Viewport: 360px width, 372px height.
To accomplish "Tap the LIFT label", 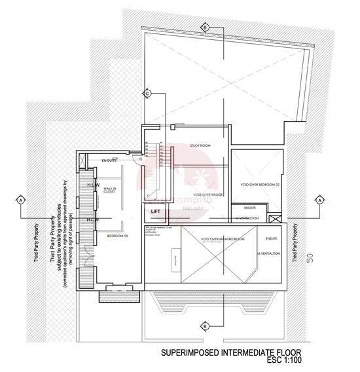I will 156,212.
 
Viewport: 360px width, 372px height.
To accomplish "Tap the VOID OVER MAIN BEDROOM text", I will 223,240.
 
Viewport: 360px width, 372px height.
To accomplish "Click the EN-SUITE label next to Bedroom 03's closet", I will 109,160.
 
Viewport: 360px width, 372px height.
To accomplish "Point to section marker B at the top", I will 205,28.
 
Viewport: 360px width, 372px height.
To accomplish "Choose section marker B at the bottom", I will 205,325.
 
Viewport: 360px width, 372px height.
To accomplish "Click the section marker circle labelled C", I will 148,94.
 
